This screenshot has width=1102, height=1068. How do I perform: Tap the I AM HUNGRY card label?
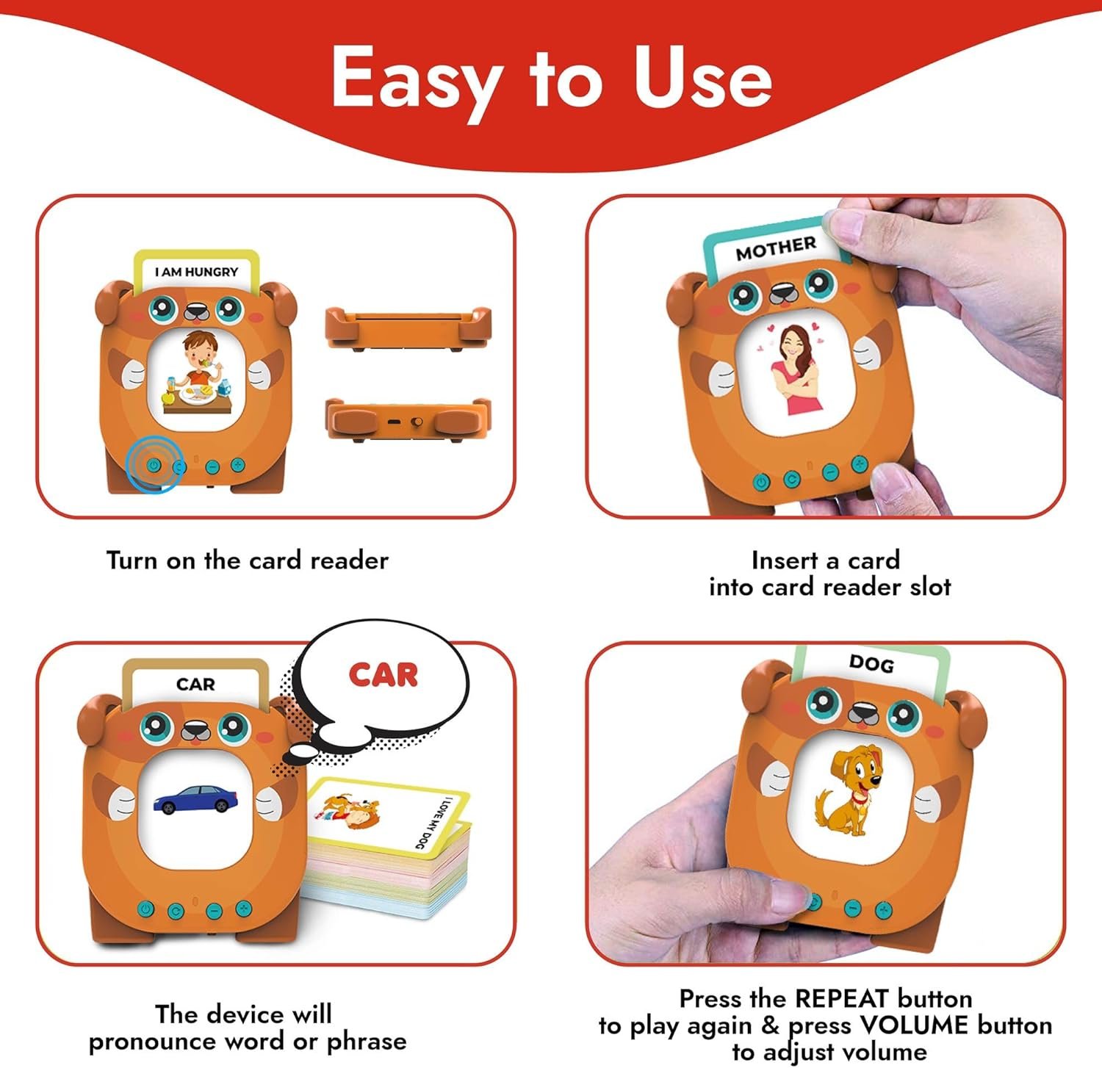click(x=196, y=272)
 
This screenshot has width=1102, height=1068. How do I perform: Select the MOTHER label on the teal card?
click(x=776, y=248)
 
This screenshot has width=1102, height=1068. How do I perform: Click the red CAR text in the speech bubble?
click(x=383, y=674)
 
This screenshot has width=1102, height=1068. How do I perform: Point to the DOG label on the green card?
click(x=871, y=663)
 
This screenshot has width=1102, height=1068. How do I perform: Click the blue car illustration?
click(x=195, y=798)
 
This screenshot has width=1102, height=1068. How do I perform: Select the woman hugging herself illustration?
click(x=797, y=369)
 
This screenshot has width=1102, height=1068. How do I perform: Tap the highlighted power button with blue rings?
click(x=153, y=465)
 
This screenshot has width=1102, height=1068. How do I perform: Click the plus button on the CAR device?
click(x=243, y=909)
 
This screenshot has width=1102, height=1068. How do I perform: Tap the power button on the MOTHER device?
click(x=762, y=483)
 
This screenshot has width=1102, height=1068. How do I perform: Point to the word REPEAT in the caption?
click(x=842, y=998)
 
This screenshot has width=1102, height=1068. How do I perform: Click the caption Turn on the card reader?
click(x=247, y=560)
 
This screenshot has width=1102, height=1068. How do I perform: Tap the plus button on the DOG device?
click(x=884, y=910)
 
